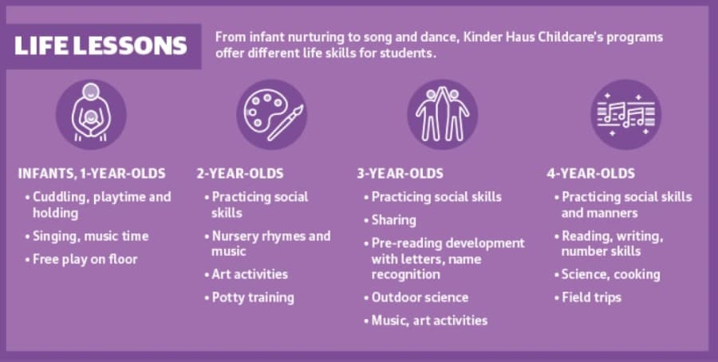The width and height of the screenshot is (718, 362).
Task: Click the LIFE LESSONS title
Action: [101, 45]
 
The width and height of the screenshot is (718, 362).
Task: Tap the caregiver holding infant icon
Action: [91, 114]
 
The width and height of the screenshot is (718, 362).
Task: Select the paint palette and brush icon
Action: [272, 114]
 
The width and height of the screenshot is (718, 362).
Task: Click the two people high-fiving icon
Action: [442, 114]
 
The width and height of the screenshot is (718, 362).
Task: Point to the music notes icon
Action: [626, 114]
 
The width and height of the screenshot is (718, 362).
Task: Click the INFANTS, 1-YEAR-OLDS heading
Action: [92, 174]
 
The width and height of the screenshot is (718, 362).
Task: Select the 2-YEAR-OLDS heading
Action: [240, 174]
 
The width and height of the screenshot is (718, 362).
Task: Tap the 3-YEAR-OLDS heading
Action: [400, 174]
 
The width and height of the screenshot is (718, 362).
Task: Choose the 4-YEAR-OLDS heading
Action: [590, 174]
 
